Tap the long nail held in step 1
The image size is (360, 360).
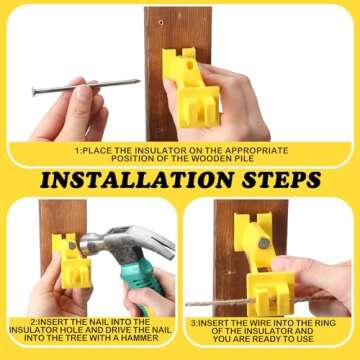click(84, 87)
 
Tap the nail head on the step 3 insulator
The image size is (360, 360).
click(263, 243)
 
